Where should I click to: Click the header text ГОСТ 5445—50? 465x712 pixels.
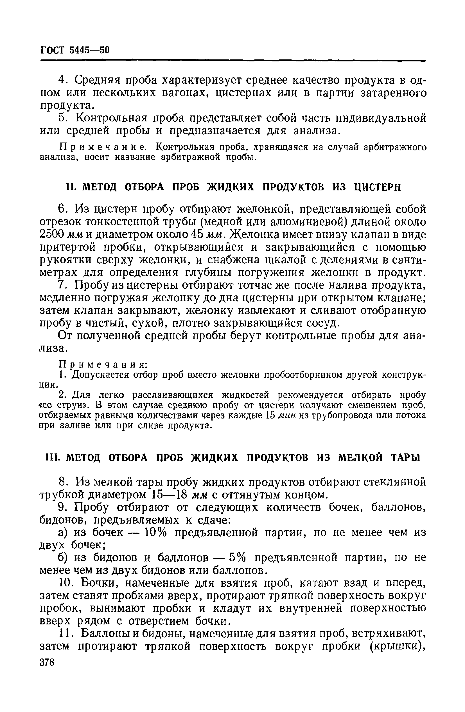[x=75, y=50]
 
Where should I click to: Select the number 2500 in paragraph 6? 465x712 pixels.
[x=52, y=235]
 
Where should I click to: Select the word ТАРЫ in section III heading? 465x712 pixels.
[x=405, y=457]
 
